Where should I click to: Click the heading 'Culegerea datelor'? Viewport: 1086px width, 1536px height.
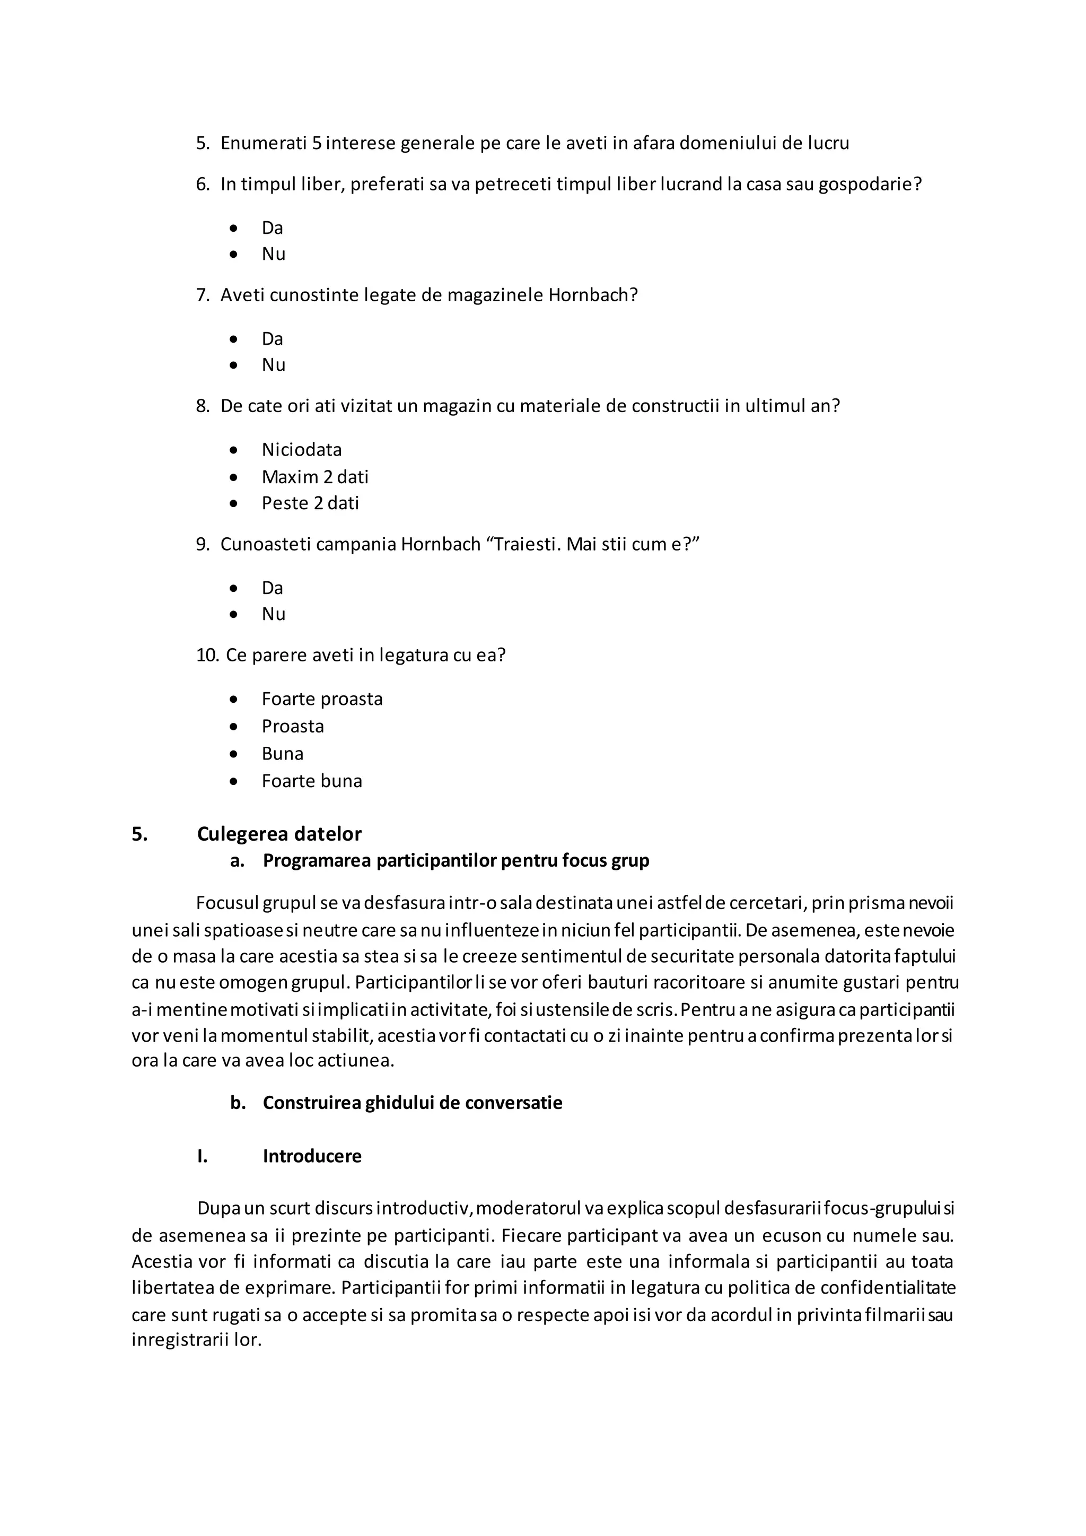tap(279, 834)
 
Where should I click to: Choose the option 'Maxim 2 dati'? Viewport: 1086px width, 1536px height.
tap(314, 477)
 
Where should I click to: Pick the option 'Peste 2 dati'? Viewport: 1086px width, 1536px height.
tap(310, 503)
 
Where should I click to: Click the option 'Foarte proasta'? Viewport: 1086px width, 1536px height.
tap(322, 699)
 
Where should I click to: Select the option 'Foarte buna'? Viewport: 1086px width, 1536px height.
tap(312, 781)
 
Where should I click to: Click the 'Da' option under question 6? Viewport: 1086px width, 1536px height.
tap(272, 228)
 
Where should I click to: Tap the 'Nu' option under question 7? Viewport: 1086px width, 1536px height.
tap(273, 364)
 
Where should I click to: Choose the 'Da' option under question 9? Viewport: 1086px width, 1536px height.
tap(272, 588)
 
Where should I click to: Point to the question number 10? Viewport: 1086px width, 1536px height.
tap(207, 655)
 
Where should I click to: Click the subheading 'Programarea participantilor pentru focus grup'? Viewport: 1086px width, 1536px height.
tap(456, 860)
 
